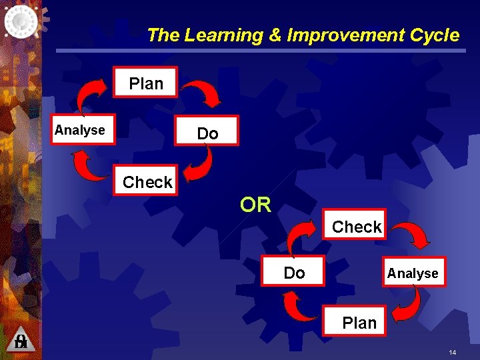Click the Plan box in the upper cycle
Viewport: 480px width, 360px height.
146,83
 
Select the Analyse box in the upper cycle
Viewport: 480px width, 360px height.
79,130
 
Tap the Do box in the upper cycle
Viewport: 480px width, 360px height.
207,133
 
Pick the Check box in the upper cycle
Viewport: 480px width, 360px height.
147,182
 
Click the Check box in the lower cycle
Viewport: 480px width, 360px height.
357,227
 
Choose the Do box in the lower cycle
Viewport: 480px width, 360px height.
294,272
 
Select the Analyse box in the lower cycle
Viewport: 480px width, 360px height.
413,273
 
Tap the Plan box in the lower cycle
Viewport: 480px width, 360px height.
359,323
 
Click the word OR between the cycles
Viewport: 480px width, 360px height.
256,205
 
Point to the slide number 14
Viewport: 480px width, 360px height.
452,352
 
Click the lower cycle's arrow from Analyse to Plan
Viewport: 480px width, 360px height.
407,304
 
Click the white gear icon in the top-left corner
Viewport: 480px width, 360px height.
21,20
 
